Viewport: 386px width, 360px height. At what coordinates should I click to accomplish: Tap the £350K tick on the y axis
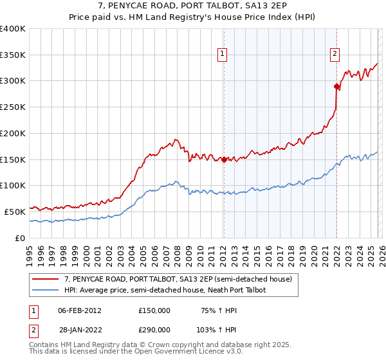[13, 55]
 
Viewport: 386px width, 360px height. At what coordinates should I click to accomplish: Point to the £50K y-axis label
[15, 211]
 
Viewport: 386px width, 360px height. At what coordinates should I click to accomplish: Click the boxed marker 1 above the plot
[222, 55]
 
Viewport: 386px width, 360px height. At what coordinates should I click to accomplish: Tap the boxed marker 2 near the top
[335, 55]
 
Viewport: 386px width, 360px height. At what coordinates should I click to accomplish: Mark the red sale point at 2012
[224, 159]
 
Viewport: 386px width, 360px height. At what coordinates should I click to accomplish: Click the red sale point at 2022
[336, 86]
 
